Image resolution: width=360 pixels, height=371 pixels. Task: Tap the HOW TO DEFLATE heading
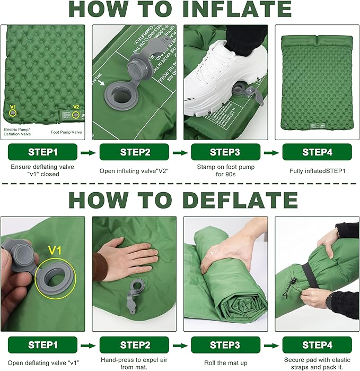pyautogui.click(x=180, y=200)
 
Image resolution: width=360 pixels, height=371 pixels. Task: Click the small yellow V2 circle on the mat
pyautogui.click(x=76, y=115)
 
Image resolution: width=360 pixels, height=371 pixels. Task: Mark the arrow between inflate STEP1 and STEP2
pyautogui.click(x=87, y=153)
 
